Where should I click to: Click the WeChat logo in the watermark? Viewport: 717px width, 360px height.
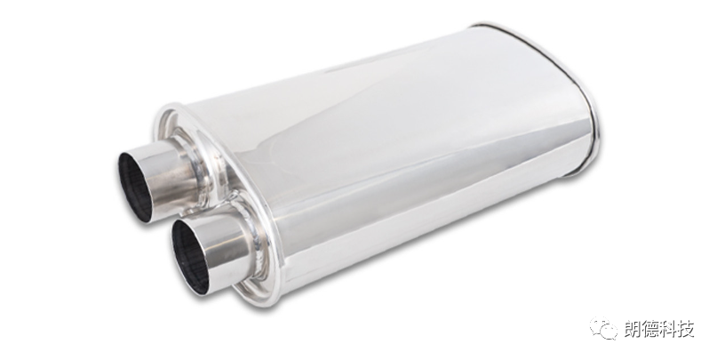(603, 328)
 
